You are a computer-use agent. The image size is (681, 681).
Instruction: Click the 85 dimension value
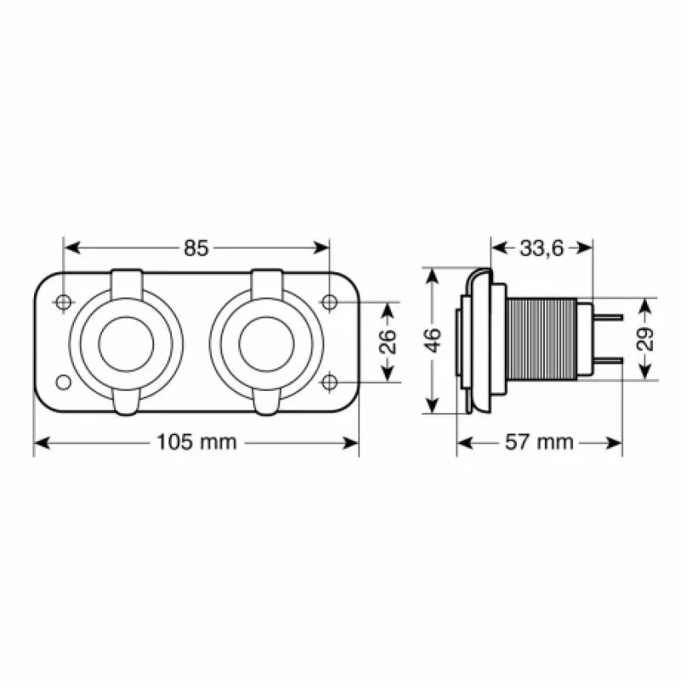196,249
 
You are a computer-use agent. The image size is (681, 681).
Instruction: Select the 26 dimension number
386,341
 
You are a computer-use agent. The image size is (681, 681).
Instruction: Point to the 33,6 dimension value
541,248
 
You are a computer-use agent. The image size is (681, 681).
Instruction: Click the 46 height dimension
433,340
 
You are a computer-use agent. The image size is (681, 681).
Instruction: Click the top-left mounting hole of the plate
63,301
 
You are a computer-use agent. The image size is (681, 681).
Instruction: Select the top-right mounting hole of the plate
329,301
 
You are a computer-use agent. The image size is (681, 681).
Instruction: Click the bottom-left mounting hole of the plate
63,381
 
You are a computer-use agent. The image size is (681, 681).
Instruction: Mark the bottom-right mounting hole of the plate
329,381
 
